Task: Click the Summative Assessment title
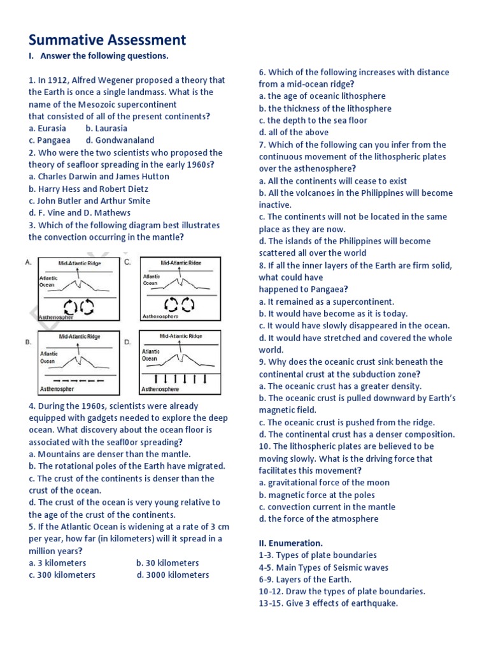click(107, 40)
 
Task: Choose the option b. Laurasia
click(106, 128)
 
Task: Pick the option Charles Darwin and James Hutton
click(99, 177)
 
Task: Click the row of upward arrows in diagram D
click(180, 379)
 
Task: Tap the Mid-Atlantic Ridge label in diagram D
click(180, 336)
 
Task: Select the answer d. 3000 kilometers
click(173, 575)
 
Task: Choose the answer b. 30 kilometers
click(167, 563)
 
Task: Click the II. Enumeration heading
click(290, 543)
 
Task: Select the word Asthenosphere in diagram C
click(160, 316)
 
